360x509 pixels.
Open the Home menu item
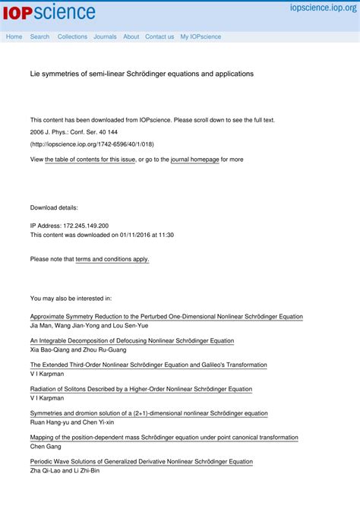click(14, 36)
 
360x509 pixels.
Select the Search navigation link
click(39, 36)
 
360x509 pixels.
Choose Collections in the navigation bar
click(72, 36)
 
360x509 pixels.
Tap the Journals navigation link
click(105, 36)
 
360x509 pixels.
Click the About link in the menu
click(131, 36)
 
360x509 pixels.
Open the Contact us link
click(159, 36)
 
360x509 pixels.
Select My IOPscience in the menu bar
click(201, 36)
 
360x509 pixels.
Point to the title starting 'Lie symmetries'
click(141, 74)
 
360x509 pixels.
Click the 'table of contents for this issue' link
click(90, 160)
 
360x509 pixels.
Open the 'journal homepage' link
click(194, 160)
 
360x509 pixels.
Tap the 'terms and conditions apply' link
click(112, 259)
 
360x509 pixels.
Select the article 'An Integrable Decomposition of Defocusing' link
click(132, 340)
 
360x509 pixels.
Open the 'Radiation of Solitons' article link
click(141, 389)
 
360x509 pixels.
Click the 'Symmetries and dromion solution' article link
click(149, 413)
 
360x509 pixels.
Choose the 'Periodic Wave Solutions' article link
click(141, 462)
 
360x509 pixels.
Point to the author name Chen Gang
click(46, 447)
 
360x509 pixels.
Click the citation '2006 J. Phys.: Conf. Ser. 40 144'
click(74, 132)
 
